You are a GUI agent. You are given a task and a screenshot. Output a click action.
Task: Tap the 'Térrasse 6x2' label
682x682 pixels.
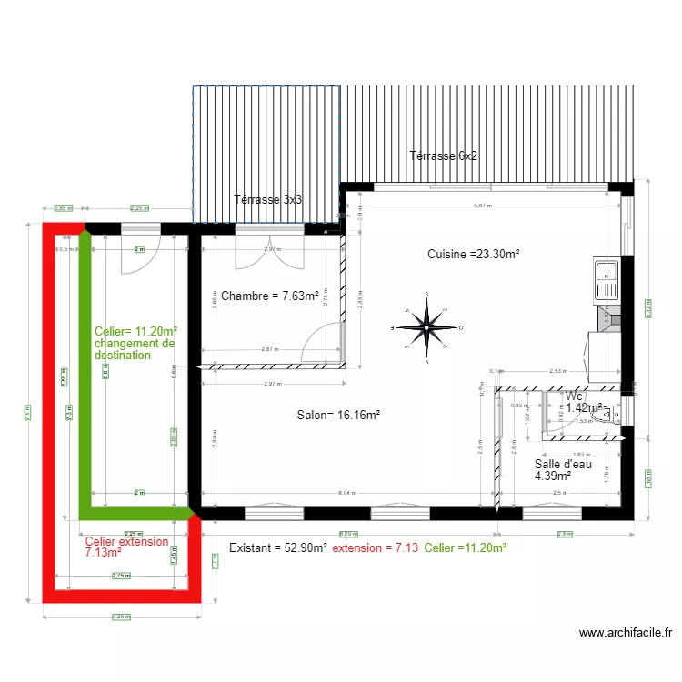[444, 155]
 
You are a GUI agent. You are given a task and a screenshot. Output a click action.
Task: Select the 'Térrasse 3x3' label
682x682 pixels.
[268, 200]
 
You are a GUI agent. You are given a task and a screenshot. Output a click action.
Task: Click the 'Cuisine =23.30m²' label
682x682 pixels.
[474, 255]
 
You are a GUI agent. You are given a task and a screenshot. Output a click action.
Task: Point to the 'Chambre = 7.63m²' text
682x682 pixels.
[269, 296]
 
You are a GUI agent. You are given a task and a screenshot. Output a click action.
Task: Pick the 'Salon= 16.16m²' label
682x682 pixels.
[338, 416]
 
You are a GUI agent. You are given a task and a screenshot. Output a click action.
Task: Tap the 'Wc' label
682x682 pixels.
[573, 396]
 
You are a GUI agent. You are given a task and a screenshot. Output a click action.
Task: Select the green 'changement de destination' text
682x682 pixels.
[134, 350]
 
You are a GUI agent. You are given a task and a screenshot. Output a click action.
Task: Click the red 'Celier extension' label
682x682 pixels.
[126, 542]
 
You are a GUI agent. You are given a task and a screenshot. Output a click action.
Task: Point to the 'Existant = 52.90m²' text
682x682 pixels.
[277, 547]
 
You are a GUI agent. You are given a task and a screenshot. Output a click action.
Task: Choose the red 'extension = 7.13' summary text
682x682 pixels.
[375, 547]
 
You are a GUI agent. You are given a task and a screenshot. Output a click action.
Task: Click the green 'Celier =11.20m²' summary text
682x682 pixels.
[465, 547]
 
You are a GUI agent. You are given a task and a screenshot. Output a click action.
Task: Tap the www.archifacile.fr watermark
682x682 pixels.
[624, 633]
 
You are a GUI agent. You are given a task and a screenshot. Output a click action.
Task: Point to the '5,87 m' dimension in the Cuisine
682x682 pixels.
[482, 206]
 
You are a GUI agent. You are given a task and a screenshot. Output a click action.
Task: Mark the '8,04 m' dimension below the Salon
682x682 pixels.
[347, 494]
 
